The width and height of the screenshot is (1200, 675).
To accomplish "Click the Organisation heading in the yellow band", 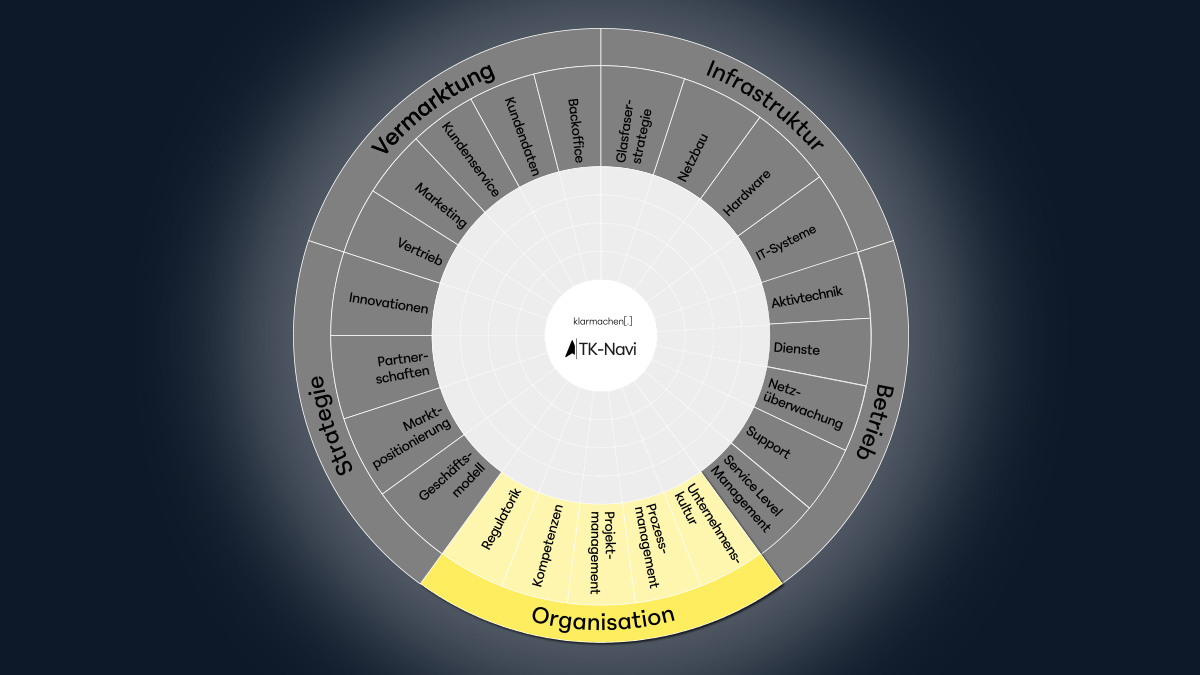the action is [x=603, y=618].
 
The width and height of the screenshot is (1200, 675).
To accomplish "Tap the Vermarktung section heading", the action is [x=433, y=108].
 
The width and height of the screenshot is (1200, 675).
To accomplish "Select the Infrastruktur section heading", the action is [x=765, y=104].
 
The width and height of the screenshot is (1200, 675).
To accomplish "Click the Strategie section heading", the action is [x=330, y=426].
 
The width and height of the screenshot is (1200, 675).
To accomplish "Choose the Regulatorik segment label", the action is [x=501, y=519].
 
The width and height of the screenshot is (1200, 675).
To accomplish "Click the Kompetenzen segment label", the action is [x=548, y=545].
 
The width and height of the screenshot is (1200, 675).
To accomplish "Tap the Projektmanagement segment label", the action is [x=602, y=552].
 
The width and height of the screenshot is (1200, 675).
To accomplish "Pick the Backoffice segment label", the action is [x=575, y=131].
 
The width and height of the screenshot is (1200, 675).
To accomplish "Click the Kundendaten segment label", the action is [x=521, y=137].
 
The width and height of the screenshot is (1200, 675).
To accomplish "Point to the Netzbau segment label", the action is [x=693, y=158].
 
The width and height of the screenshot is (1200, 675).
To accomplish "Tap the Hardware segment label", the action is [x=747, y=193].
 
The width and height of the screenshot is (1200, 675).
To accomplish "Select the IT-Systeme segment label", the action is [x=786, y=243].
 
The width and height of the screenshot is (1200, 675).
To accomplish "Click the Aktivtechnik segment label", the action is [x=807, y=297].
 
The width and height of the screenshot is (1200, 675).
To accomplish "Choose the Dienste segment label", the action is [x=797, y=349].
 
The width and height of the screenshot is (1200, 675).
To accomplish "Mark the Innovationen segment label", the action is [x=388, y=303].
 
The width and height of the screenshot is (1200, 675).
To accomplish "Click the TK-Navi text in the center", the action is [x=608, y=350].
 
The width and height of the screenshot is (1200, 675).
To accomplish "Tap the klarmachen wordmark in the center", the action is [x=603, y=321].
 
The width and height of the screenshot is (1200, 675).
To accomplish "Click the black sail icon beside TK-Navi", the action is [x=570, y=349].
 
